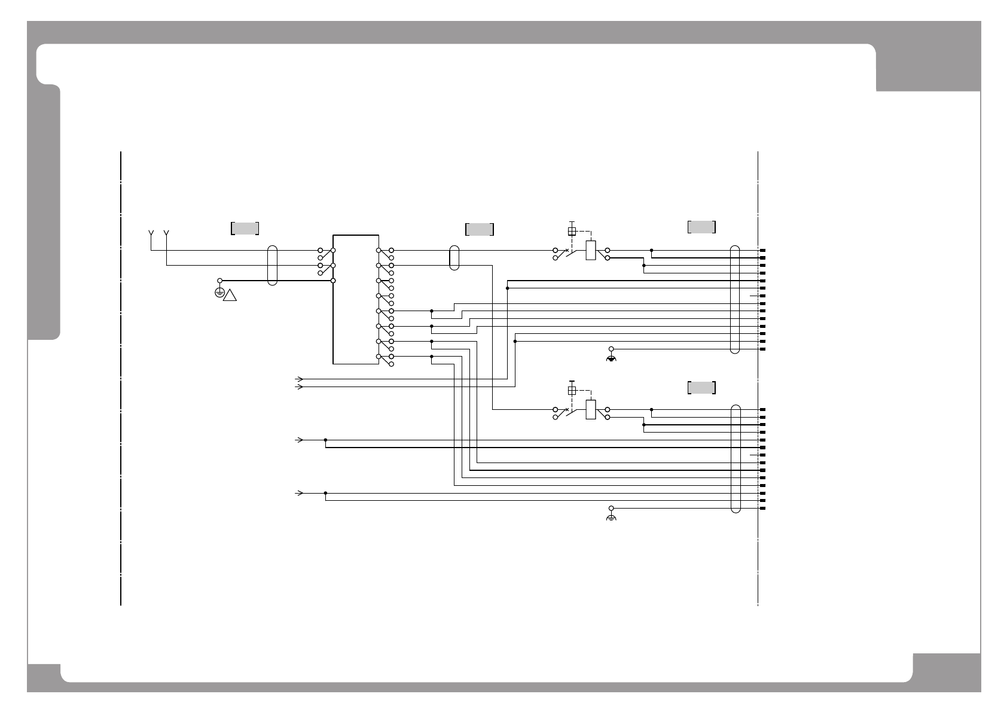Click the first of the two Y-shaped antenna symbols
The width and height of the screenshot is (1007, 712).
pos(151,233)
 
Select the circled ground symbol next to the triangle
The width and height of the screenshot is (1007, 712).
pos(219,293)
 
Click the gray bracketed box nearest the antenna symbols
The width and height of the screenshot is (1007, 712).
pos(245,228)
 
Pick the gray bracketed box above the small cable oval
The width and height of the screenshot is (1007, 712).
pos(479,229)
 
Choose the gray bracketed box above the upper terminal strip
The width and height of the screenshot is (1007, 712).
pos(701,227)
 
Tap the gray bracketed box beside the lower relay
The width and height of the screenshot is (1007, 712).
pos(701,387)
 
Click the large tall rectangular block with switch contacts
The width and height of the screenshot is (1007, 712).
pos(356,299)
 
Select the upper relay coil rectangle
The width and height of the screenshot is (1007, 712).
pos(591,250)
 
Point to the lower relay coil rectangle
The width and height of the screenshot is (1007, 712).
pos(591,409)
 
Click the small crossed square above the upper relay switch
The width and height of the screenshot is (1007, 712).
pos(572,232)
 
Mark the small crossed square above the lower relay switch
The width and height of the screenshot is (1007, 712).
pos(572,391)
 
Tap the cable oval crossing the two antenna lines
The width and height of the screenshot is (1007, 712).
pos(273,265)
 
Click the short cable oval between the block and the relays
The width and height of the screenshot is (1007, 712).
pos(454,257)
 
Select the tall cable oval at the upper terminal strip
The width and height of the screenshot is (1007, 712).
pos(736,299)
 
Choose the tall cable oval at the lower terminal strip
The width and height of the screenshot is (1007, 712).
pos(736,459)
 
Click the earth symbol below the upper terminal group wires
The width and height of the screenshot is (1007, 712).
pos(611,358)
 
